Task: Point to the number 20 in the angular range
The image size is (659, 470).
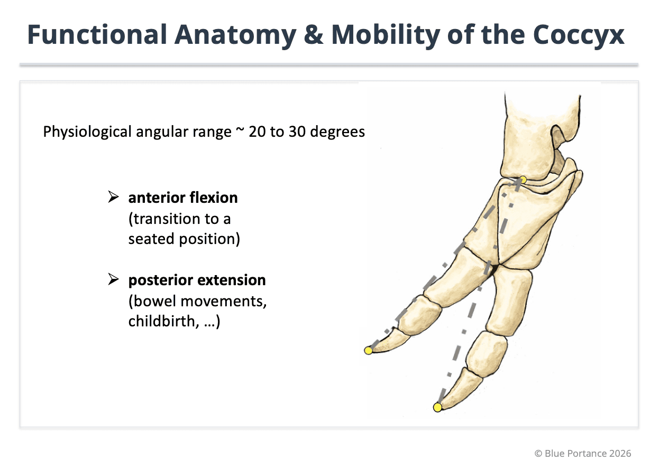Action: pos(258,131)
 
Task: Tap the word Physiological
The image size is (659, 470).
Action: pos(88,131)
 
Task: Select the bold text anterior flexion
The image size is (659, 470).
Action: pos(182,198)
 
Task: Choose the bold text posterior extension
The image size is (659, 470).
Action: pos(197,279)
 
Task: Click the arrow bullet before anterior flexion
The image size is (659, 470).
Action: pos(113,198)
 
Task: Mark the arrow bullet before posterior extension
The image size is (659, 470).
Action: pos(113,279)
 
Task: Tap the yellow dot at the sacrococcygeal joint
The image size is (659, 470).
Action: pos(522,180)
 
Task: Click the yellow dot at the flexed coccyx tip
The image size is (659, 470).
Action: pos(369,350)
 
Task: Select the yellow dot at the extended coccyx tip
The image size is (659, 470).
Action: pos(437,407)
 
